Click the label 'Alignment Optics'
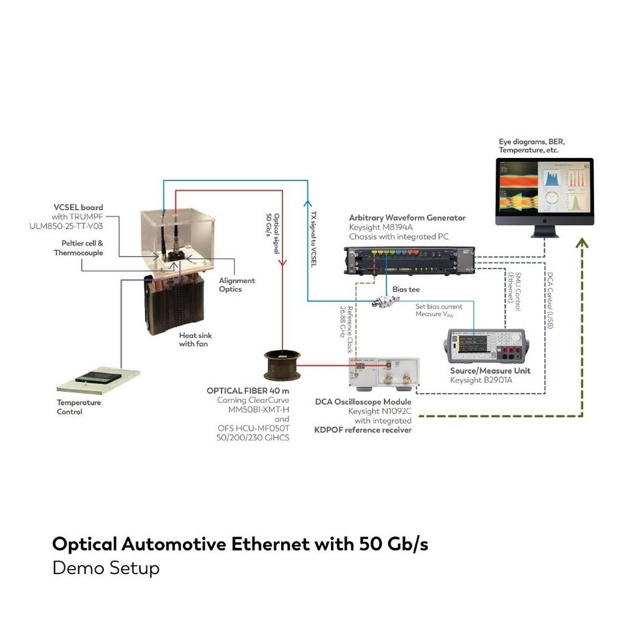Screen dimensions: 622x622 [x=236, y=285]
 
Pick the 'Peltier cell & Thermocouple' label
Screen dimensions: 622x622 [x=78, y=248]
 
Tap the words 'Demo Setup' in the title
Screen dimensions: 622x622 [x=106, y=568]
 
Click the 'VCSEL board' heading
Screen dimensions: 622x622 [x=78, y=207]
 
